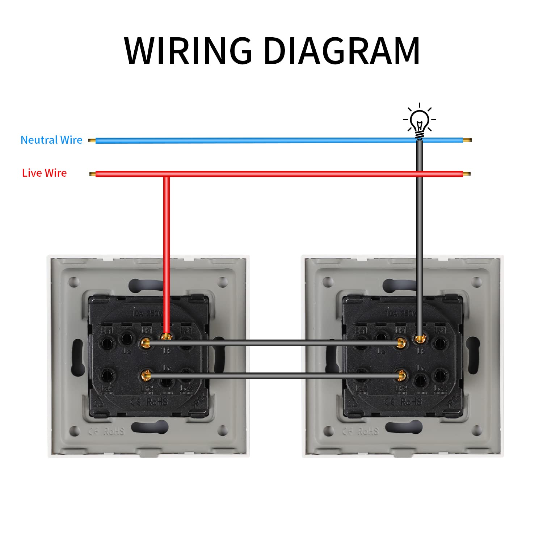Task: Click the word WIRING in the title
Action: click(x=188, y=51)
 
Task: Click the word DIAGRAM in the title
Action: click(x=342, y=51)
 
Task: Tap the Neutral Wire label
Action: click(x=51, y=140)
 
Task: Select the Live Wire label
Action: click(x=44, y=173)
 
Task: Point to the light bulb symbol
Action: click(x=420, y=121)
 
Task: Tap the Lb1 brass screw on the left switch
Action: click(x=146, y=342)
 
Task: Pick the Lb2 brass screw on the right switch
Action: click(x=401, y=376)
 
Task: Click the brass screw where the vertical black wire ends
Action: click(x=420, y=339)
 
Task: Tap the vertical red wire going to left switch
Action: click(x=167, y=253)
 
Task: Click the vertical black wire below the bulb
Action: click(x=420, y=235)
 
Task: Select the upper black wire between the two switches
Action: click(x=275, y=343)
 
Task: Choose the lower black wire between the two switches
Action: click(x=275, y=376)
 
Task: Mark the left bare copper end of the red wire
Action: click(x=92, y=174)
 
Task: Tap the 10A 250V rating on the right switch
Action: click(x=401, y=313)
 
